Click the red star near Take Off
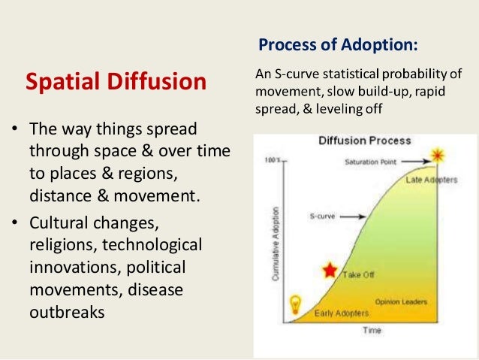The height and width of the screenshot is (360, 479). [x=330, y=270]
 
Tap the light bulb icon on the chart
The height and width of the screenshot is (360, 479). [x=295, y=304]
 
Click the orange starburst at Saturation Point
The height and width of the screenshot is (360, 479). [x=438, y=156]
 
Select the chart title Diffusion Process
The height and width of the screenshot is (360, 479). [x=365, y=141]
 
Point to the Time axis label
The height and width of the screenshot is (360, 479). [x=372, y=331]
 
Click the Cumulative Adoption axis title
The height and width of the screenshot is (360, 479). [x=276, y=244]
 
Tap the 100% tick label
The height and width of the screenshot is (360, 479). [x=273, y=160]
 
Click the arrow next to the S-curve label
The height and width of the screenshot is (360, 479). [x=353, y=216]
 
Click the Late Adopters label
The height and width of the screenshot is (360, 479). [x=432, y=180]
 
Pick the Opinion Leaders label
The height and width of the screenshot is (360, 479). [x=401, y=302]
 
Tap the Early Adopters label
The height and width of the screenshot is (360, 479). [x=342, y=313]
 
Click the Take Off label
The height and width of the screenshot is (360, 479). [x=358, y=274]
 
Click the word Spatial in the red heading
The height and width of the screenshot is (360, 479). [x=64, y=82]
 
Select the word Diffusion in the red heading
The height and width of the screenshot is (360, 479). [x=157, y=81]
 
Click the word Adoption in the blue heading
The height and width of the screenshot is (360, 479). [x=379, y=45]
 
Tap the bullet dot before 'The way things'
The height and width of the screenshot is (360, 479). [x=15, y=129]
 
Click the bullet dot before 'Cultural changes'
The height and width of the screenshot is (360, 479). [x=15, y=222]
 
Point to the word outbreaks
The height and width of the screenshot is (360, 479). [x=68, y=313]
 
